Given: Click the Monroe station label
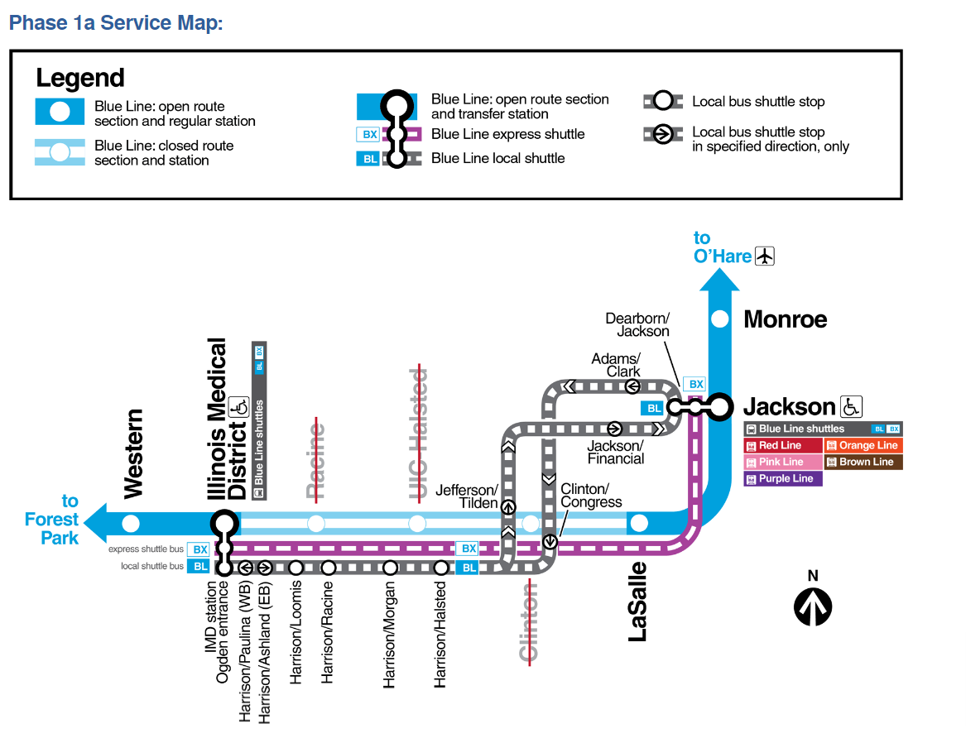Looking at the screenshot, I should (x=785, y=319).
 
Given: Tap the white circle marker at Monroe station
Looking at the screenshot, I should (x=720, y=319).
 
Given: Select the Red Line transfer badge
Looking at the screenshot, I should (x=783, y=445).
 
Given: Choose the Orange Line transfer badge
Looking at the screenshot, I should (x=863, y=445).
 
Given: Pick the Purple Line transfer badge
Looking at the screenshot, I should (x=783, y=478).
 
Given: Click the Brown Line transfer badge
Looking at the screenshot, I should (x=863, y=462).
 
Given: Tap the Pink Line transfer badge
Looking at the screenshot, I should (x=783, y=462).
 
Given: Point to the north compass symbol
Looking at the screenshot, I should (x=812, y=603).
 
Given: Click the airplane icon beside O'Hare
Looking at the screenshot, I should (x=764, y=256).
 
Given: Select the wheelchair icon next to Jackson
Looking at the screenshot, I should (x=851, y=406).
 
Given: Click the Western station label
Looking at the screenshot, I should (x=132, y=453).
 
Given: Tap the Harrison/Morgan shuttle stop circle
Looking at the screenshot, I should (x=390, y=568).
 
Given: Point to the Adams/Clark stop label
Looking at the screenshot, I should (x=616, y=365).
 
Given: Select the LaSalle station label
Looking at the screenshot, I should (x=637, y=602).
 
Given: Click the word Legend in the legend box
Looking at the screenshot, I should (x=79, y=79).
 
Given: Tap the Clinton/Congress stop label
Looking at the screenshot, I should (x=591, y=495).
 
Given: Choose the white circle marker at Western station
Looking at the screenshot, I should (x=131, y=523).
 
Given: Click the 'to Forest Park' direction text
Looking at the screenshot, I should (x=52, y=520).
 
